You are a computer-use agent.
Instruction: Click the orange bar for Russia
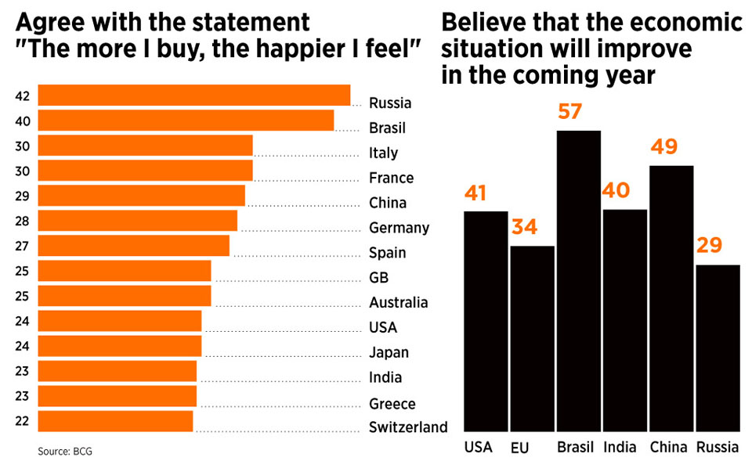coord(193,95)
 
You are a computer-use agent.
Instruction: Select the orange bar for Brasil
coord(186,121)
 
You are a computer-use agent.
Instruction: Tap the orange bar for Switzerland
coord(115,421)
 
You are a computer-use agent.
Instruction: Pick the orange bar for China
coord(141,196)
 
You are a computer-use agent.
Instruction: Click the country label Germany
coord(399,228)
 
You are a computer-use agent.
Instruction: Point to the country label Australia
coord(399,302)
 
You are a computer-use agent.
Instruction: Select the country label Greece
coord(392,404)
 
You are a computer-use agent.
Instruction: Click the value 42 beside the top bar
coord(22,96)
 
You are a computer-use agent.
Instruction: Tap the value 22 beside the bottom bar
coord(22,421)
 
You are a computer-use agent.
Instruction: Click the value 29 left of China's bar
coord(22,196)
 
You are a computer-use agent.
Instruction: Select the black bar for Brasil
coord(578,282)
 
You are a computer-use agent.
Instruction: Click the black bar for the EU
coord(532,339)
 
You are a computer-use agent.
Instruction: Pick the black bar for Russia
coord(718,348)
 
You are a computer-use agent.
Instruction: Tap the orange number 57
coord(570,111)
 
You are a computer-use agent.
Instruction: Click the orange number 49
coord(662,146)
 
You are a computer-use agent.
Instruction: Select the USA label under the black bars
coord(478,448)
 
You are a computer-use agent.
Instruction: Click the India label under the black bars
coord(620,448)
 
